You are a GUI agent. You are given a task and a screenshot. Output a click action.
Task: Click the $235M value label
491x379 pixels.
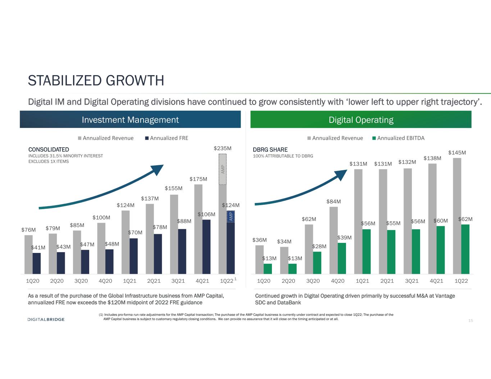click(x=223, y=148)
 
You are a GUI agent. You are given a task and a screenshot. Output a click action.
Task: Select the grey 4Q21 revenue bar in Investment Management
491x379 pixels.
click(x=198, y=229)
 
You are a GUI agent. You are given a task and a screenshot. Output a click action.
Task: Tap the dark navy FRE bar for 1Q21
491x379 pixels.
click(x=133, y=256)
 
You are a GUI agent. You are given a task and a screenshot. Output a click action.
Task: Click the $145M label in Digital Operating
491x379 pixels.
click(x=457, y=153)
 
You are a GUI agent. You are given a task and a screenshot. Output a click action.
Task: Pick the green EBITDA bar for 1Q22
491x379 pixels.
click(x=465, y=249)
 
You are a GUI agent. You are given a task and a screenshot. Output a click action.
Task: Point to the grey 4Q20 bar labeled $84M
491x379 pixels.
click(x=333, y=240)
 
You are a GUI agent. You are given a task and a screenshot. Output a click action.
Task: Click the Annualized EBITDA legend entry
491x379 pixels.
click(x=398, y=138)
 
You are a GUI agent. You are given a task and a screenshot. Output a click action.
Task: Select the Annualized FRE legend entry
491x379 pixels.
click(x=167, y=138)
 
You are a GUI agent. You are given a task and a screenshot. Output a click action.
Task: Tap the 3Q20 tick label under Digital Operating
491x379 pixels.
click(x=313, y=281)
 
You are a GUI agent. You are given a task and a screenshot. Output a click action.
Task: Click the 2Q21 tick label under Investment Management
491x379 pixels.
click(x=154, y=281)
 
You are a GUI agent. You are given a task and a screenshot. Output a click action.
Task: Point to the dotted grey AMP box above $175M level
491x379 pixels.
click(x=223, y=170)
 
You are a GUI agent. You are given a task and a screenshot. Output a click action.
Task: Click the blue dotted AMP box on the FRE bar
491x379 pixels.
click(x=231, y=217)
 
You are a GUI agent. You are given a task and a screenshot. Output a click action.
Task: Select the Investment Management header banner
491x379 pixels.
click(x=130, y=119)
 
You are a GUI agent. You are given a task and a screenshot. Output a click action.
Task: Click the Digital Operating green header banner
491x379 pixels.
click(x=361, y=119)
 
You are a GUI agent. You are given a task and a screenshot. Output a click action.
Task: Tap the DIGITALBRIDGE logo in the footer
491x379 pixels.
click(x=46, y=319)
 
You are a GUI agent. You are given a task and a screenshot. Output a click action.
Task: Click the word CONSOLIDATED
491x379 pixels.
click(x=49, y=149)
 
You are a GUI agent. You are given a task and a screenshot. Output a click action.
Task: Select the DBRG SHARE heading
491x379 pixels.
click(x=270, y=149)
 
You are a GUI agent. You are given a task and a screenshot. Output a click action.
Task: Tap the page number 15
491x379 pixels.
click(x=470, y=320)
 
